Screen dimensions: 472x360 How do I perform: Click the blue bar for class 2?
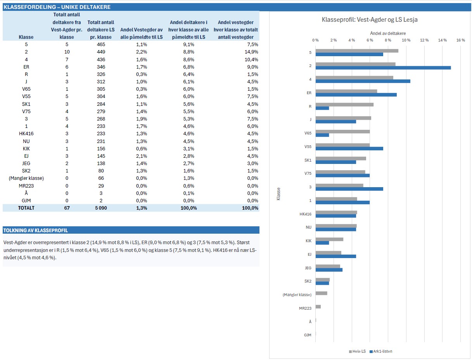(x=383, y=68)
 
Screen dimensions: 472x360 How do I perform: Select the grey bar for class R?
(x=344, y=105)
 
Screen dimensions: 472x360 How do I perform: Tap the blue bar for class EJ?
(x=335, y=256)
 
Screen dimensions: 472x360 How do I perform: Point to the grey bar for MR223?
(x=318, y=307)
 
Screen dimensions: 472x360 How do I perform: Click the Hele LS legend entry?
(x=357, y=351)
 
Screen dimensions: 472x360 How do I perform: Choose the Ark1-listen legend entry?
(x=381, y=351)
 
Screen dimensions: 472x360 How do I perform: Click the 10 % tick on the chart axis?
(x=406, y=40)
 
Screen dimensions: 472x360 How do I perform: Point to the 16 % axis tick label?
(x=461, y=40)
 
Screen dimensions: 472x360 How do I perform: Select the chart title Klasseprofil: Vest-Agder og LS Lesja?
(x=370, y=19)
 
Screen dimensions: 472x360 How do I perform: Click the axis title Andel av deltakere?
(x=388, y=33)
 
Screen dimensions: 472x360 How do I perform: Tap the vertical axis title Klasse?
(x=278, y=194)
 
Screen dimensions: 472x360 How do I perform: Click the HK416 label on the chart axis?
(x=305, y=214)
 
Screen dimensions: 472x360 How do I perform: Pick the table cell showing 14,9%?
(x=251, y=52)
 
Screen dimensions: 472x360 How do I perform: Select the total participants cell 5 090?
(x=101, y=208)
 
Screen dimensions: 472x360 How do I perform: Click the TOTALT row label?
(x=26, y=208)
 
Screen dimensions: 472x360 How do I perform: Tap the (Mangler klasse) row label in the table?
(x=26, y=178)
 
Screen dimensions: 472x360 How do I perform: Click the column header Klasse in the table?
(x=26, y=37)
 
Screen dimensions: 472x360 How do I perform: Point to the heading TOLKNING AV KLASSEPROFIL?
(x=35, y=230)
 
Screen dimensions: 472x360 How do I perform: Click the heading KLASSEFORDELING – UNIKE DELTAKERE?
(x=57, y=7)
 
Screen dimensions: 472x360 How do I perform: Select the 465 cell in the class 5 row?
(x=101, y=45)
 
